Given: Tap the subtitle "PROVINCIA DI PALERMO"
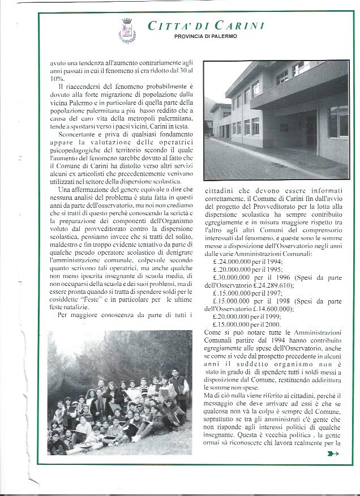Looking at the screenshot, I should (205, 37).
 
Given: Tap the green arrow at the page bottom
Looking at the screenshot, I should (333, 453).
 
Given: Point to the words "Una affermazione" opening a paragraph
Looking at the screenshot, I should (83, 189).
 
